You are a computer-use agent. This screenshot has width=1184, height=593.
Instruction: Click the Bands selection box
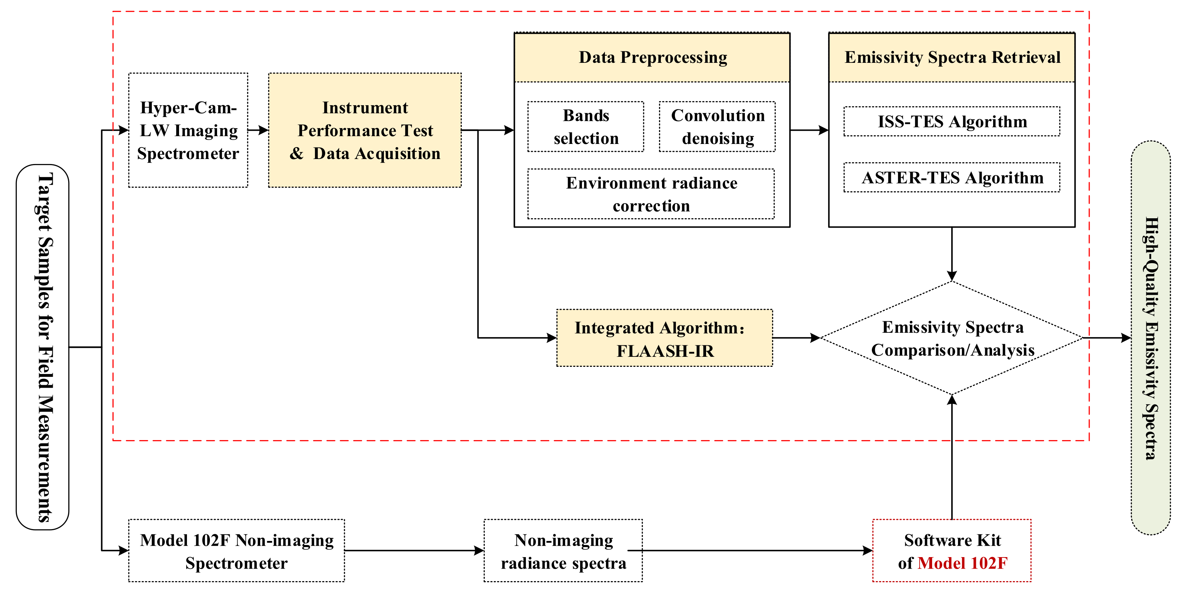coord(586,127)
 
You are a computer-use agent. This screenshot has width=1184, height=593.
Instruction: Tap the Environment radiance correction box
coord(651,194)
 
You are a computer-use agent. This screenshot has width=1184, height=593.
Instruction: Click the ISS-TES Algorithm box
coord(952,121)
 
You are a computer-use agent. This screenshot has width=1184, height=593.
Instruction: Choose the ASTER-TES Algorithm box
coord(952,177)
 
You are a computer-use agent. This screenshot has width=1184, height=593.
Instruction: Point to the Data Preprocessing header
coord(652,57)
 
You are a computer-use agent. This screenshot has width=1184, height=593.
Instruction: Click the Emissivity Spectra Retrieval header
coord(952,57)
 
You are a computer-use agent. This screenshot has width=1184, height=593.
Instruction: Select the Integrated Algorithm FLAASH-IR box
coord(664,338)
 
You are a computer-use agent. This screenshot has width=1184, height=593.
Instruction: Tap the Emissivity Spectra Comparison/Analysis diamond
coord(952,338)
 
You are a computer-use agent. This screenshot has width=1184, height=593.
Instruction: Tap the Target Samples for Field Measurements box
coord(43,347)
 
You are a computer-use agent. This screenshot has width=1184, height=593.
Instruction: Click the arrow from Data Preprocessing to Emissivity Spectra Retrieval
coord(809,130)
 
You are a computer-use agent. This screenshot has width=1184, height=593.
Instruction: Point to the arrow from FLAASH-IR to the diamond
coord(796,338)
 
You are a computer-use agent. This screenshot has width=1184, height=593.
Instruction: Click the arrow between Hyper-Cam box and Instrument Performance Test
coord(258,130)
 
